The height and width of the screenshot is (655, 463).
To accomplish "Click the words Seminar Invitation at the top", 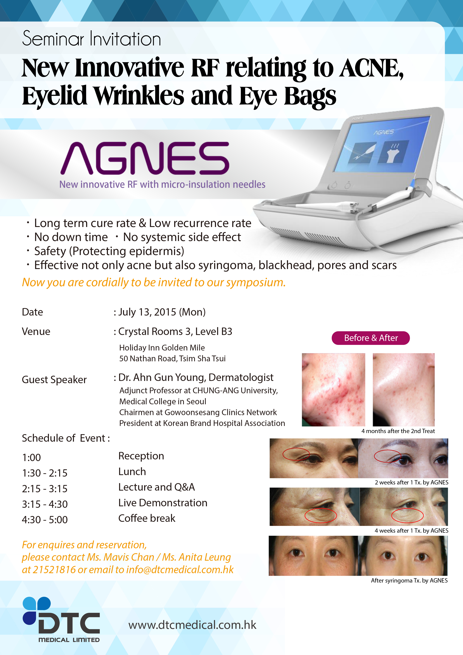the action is click(x=91, y=39).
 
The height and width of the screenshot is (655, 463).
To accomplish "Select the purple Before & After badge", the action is click(x=371, y=338).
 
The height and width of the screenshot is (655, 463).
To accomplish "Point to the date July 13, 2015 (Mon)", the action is click(x=162, y=312).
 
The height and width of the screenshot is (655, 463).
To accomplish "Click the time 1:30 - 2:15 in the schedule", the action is click(x=45, y=473).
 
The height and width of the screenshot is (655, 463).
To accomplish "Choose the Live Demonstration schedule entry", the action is click(x=163, y=503).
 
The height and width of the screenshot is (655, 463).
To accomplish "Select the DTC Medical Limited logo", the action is click(x=61, y=619).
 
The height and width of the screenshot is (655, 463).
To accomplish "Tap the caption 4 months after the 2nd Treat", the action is click(x=398, y=431).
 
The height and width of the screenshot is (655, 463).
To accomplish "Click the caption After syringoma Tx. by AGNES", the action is click(x=409, y=580).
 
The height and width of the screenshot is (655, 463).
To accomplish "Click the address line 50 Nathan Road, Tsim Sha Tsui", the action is click(x=172, y=359).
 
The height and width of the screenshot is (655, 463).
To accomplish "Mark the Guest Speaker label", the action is click(x=54, y=380).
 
